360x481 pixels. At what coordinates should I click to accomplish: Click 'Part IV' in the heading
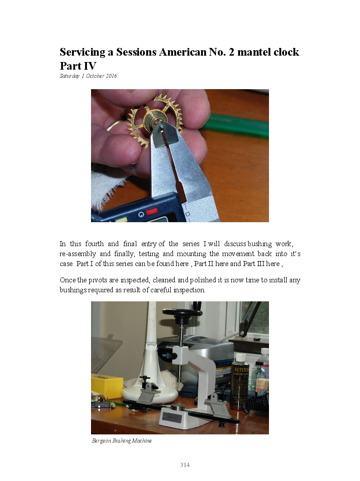pos(78,66)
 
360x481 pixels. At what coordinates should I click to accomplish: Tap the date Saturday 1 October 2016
pos(88,76)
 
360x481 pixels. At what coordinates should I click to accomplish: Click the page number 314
pos(185,465)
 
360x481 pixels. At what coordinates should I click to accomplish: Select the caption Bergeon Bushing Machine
pos(121,441)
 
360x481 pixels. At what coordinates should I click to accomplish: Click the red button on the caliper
pos(152,211)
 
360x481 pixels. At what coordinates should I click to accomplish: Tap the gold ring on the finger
pos(112,125)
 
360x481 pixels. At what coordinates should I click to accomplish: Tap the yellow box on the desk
pos(107,386)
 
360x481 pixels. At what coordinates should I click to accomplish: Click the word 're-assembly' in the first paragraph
pos(77,254)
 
